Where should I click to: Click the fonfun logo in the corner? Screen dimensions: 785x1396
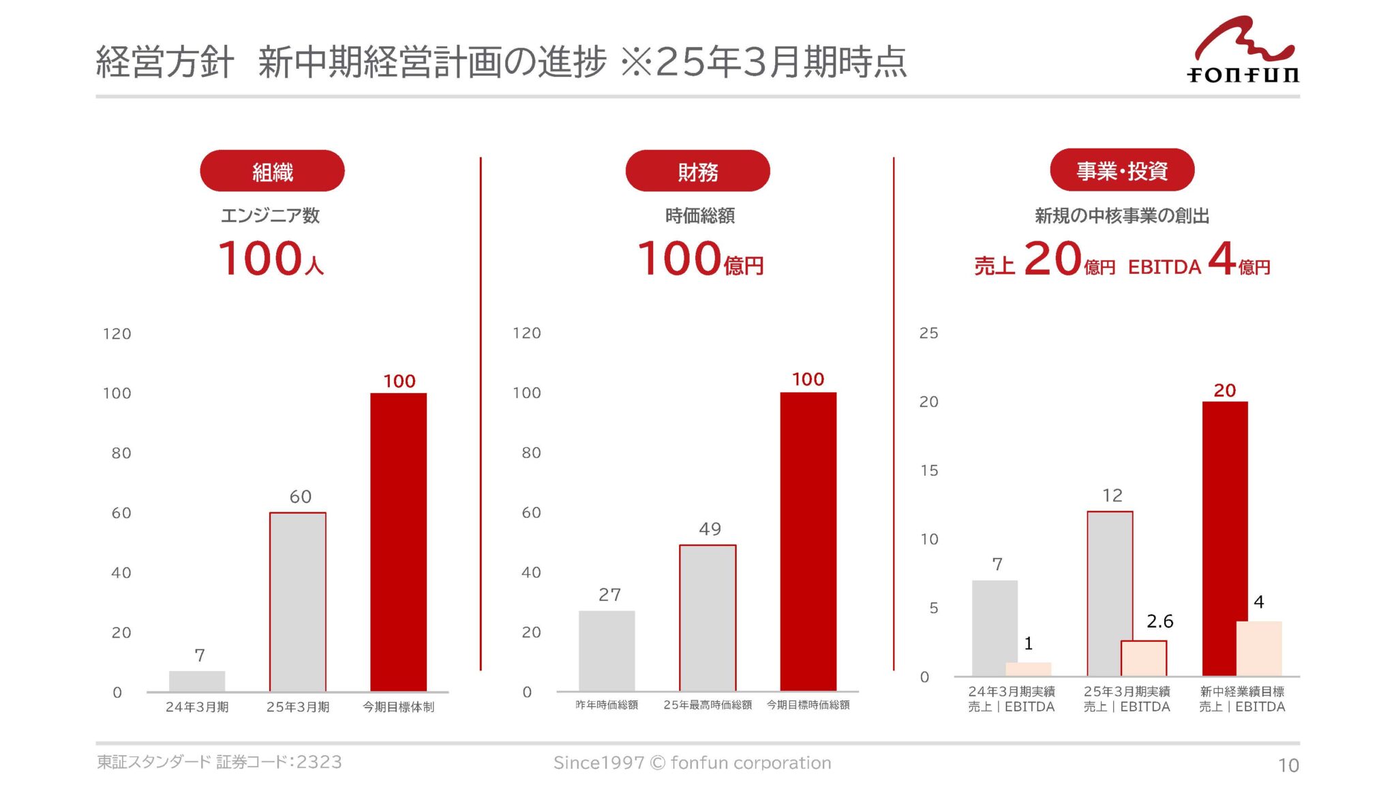pos(1243,51)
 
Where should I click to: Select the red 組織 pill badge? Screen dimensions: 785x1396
pos(272,171)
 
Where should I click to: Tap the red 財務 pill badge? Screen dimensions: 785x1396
pos(697,171)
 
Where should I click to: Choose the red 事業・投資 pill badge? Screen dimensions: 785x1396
pos(1122,170)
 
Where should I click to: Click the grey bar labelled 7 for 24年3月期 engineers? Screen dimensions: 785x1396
pos(197,681)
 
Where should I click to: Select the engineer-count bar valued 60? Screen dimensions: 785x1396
pos(298,602)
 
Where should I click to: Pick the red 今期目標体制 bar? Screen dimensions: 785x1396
pos(399,542)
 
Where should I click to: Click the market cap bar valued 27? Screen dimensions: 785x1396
pos(607,651)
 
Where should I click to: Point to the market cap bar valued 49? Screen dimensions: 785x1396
pos(708,618)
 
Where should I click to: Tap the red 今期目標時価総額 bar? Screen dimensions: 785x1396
pos(808,542)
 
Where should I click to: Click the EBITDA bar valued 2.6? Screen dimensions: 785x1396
pos(1144,658)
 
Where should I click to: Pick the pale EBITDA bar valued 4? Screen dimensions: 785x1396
pos(1259,649)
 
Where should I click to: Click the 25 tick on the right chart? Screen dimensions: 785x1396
pos(928,333)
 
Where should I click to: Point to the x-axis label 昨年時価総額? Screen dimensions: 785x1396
pos(607,705)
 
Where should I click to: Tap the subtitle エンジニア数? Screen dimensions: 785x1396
pos(271,216)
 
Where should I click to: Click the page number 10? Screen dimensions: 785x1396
pos(1288,765)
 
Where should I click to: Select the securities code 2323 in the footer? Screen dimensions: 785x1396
pos(319,762)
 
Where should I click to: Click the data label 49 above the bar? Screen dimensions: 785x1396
pos(710,529)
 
